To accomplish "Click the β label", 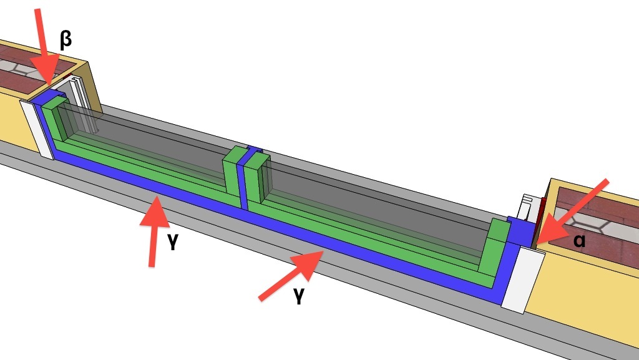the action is tap(66, 41).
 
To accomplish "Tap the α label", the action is tap(580, 240).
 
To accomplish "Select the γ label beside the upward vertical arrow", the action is tap(173, 242).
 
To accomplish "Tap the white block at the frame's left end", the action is tap(37, 129).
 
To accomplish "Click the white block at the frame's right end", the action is tap(524, 280).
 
